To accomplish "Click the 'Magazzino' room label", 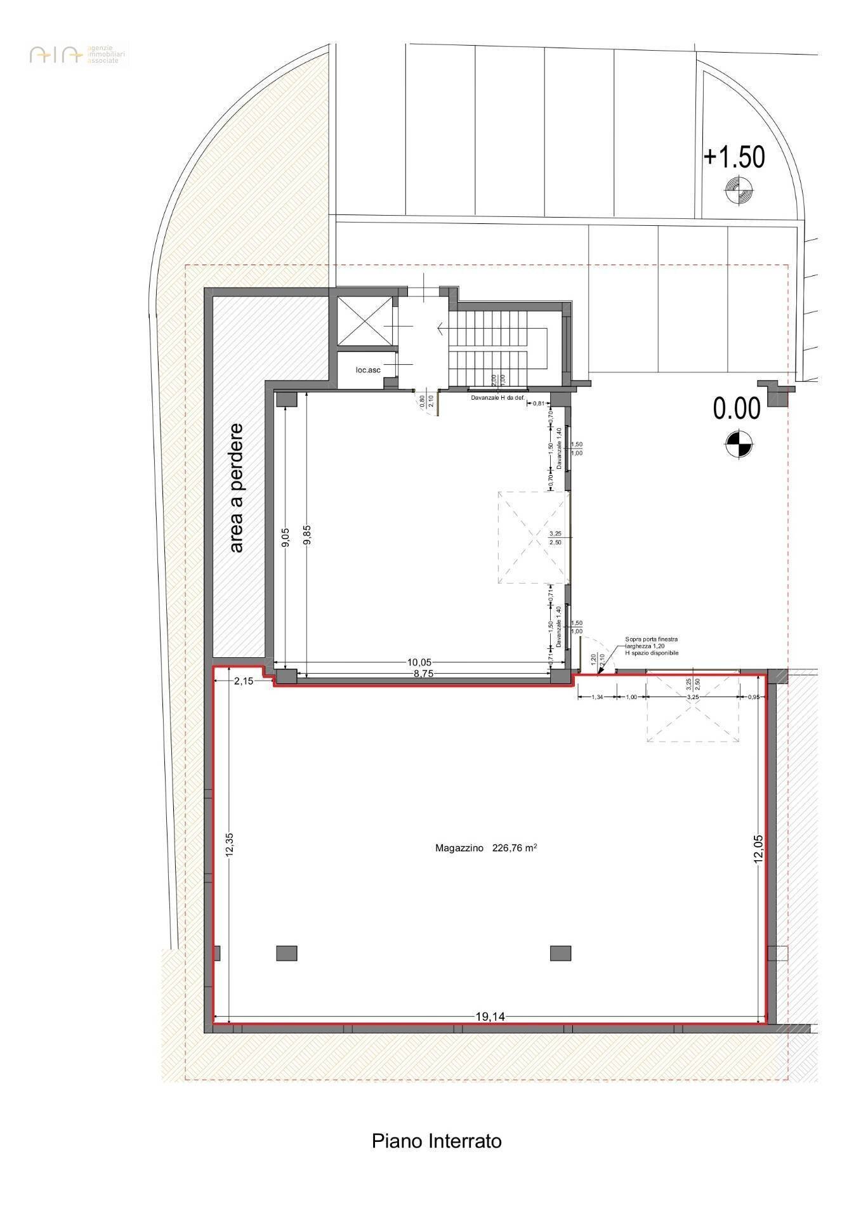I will [459, 848].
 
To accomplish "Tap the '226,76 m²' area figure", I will [515, 848].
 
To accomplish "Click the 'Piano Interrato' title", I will [437, 1158].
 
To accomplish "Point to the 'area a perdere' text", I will [236, 488].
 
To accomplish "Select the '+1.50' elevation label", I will [734, 157].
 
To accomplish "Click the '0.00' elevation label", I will [736, 409].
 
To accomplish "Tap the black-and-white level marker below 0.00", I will [738, 443].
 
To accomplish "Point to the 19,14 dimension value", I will [490, 1017].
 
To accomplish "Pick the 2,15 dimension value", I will [244, 681].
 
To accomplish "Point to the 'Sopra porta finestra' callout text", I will [652, 639].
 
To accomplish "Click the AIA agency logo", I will [56, 55].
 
